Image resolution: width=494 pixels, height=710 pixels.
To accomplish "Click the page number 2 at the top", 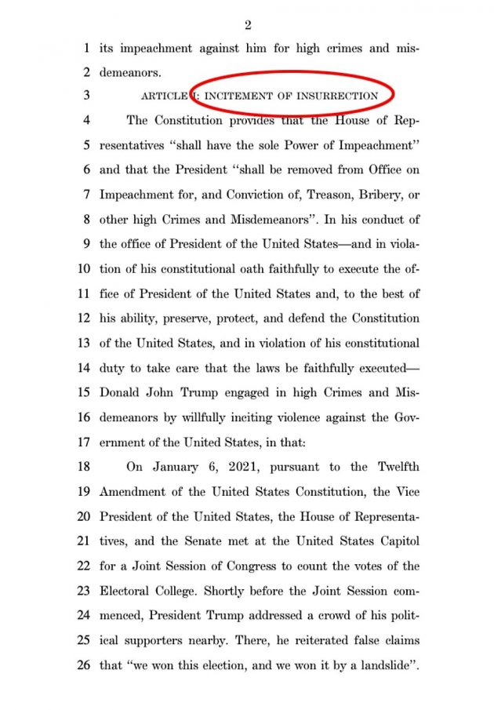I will (248, 26).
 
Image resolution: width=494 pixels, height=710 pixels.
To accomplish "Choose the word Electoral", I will (127, 591).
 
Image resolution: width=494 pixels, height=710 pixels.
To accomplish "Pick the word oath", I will (244, 269).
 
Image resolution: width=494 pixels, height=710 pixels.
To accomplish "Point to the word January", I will (173, 467).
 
